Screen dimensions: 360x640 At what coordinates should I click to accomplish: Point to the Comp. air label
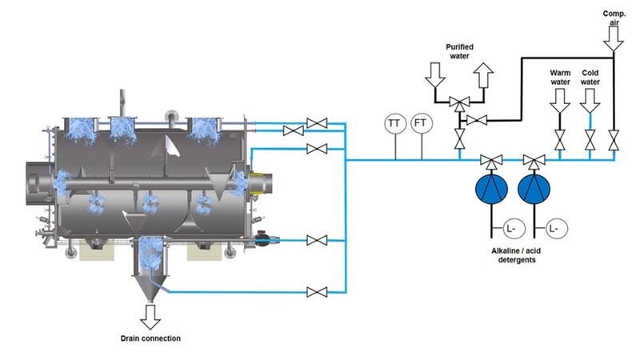612,18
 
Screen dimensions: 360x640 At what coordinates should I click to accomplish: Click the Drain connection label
150,338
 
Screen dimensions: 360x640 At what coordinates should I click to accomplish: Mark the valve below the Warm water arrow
560,141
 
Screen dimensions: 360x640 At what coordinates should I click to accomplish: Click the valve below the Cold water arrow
590,141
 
